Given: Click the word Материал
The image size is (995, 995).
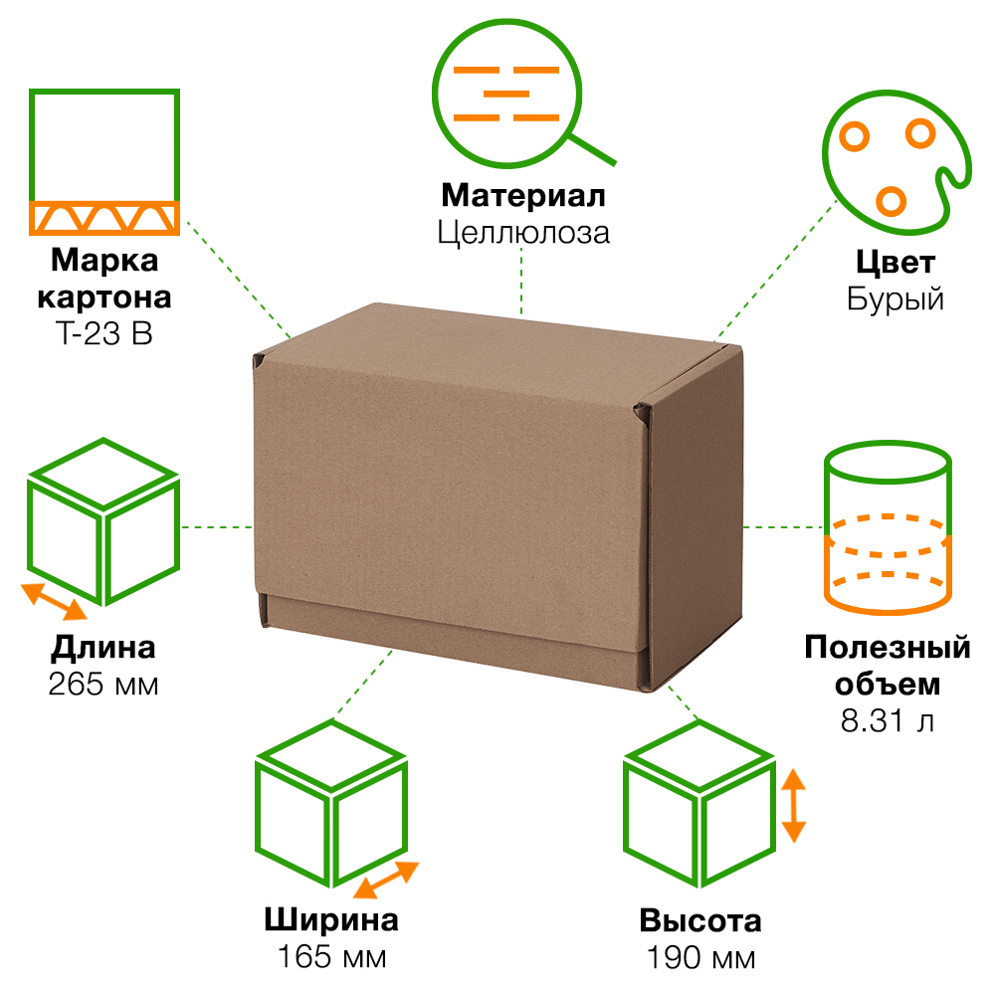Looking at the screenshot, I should (x=522, y=194).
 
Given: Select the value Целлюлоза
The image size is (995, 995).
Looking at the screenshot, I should (x=522, y=233).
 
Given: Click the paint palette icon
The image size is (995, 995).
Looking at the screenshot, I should (x=891, y=159).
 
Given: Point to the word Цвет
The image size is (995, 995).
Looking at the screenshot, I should (x=895, y=263).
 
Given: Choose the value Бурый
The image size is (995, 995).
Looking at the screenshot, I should (x=895, y=298).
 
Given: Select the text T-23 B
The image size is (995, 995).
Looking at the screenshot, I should (x=104, y=334).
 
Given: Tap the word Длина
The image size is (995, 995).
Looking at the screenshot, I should (x=103, y=648).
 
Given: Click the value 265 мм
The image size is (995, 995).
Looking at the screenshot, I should (x=103, y=685).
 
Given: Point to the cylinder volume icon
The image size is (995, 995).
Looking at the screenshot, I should (x=889, y=532).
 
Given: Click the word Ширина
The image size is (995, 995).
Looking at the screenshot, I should (x=331, y=919).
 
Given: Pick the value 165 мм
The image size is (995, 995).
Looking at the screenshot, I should (x=331, y=958).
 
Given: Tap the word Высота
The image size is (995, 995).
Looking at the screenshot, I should (x=700, y=920).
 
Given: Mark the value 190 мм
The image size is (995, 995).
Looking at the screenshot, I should (x=700, y=958).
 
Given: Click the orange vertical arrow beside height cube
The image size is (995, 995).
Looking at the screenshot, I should (x=793, y=806).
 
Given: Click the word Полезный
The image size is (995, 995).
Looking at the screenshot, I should (x=888, y=648).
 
